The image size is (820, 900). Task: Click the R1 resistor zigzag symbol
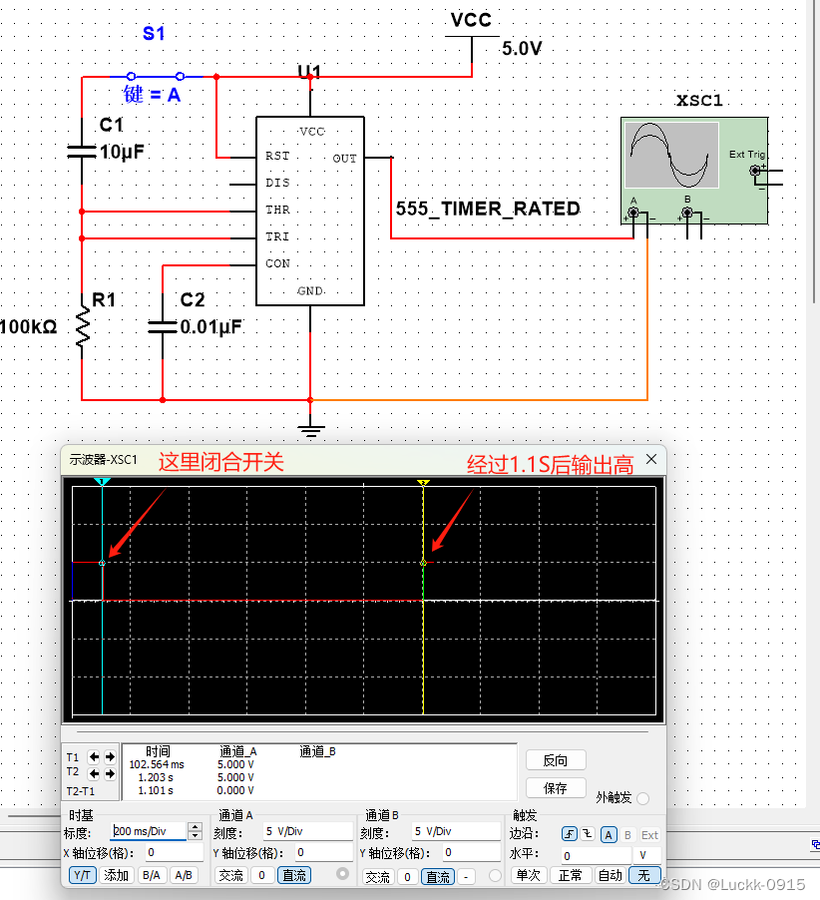[82, 327]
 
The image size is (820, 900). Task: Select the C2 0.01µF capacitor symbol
[163, 326]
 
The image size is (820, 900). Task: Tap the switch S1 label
[154, 33]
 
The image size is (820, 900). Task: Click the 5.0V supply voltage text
[522, 48]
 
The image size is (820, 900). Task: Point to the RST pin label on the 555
[277, 157]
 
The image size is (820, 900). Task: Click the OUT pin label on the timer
[344, 158]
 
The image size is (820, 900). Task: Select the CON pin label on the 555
[277, 263]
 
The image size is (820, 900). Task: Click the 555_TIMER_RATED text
[488, 209]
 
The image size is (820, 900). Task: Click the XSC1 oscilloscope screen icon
[671, 155]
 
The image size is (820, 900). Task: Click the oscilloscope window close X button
[652, 459]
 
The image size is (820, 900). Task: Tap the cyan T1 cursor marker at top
[102, 482]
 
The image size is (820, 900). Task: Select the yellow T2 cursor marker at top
[423, 482]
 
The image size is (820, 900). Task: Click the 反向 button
[556, 760]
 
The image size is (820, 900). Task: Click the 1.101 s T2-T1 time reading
[156, 790]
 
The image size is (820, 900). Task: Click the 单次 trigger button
[528, 875]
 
